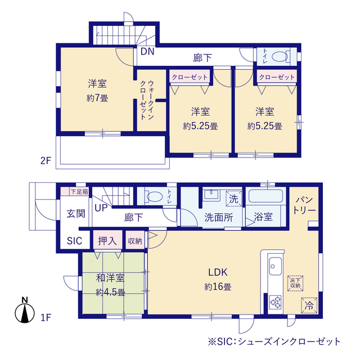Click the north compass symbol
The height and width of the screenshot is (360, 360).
25,310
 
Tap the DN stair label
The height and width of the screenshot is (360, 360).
147,51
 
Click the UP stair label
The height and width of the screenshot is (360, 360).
101,208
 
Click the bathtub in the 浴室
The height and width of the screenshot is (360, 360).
265,196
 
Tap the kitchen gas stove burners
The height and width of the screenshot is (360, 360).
275,302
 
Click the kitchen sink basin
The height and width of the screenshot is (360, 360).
275,266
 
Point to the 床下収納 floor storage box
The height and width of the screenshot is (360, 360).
295,283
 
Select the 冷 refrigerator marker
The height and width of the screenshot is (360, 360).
309,305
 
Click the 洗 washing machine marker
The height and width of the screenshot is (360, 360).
234,199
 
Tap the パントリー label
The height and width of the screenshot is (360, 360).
304,205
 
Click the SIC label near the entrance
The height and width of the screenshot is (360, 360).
74,241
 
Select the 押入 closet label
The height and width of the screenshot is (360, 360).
107,241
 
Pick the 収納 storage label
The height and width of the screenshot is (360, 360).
135,241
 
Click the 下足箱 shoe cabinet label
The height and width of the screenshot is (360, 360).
79,191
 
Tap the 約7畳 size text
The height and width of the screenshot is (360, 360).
97,98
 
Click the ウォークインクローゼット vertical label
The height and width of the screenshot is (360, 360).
147,100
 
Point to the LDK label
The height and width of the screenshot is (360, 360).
218,272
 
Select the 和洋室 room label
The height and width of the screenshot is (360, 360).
110,278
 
